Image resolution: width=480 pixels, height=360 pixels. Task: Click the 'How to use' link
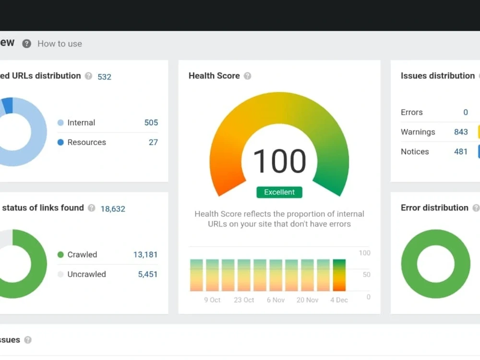tap(60, 44)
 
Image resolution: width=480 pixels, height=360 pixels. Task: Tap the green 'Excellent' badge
tap(279, 192)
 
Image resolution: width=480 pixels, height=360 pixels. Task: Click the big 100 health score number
tap(279, 161)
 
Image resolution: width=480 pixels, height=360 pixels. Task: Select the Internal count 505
tap(151, 122)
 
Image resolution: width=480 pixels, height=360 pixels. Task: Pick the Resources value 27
tap(154, 143)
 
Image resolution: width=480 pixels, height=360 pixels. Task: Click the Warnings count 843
tap(461, 132)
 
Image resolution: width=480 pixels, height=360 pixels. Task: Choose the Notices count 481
tap(461, 152)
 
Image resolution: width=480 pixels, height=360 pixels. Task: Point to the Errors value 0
tap(465, 112)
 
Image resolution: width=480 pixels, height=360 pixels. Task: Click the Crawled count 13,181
tap(145, 254)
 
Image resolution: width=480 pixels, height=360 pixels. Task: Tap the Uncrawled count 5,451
tap(147, 274)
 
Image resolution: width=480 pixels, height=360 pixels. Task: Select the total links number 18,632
tap(113, 209)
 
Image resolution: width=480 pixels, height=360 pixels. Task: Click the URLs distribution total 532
tap(104, 77)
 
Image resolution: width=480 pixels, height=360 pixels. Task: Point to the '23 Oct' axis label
tap(244, 300)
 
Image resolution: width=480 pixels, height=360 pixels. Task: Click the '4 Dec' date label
tap(339, 300)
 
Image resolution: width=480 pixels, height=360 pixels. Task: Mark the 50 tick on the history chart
tap(366, 275)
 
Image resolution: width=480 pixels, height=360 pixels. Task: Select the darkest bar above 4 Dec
tap(339, 275)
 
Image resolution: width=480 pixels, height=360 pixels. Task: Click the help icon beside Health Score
tap(247, 76)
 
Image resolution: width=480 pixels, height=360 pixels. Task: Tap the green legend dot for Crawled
tap(60, 254)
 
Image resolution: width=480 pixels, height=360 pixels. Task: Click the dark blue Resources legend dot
tap(60, 142)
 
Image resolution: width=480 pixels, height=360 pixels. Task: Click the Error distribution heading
tap(434, 208)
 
